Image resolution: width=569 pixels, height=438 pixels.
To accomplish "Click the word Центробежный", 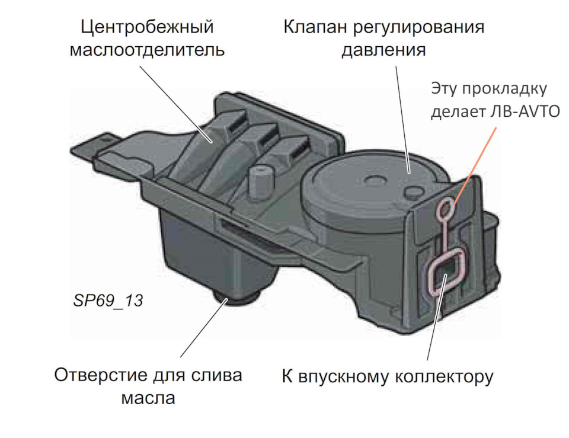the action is point(147,27).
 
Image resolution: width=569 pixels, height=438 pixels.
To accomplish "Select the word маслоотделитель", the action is point(147,49).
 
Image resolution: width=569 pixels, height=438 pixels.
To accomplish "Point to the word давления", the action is point(383,50).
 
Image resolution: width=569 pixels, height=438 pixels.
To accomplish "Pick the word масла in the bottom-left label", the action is point(148,397).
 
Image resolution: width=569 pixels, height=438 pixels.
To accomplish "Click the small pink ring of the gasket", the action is point(445,207).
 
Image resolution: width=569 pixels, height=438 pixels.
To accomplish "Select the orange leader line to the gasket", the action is point(474,161).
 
